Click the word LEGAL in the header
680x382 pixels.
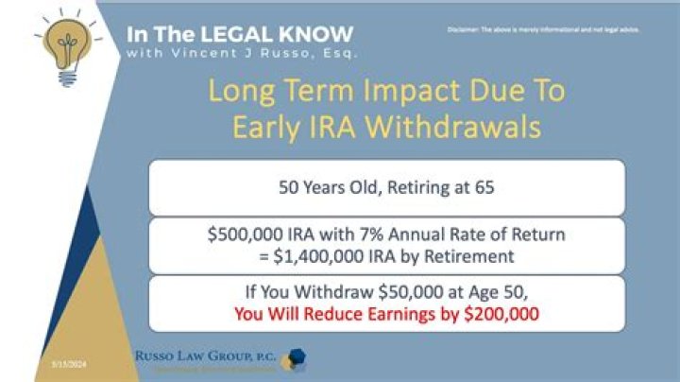coord(218,33)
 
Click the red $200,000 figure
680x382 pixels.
coord(493,315)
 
